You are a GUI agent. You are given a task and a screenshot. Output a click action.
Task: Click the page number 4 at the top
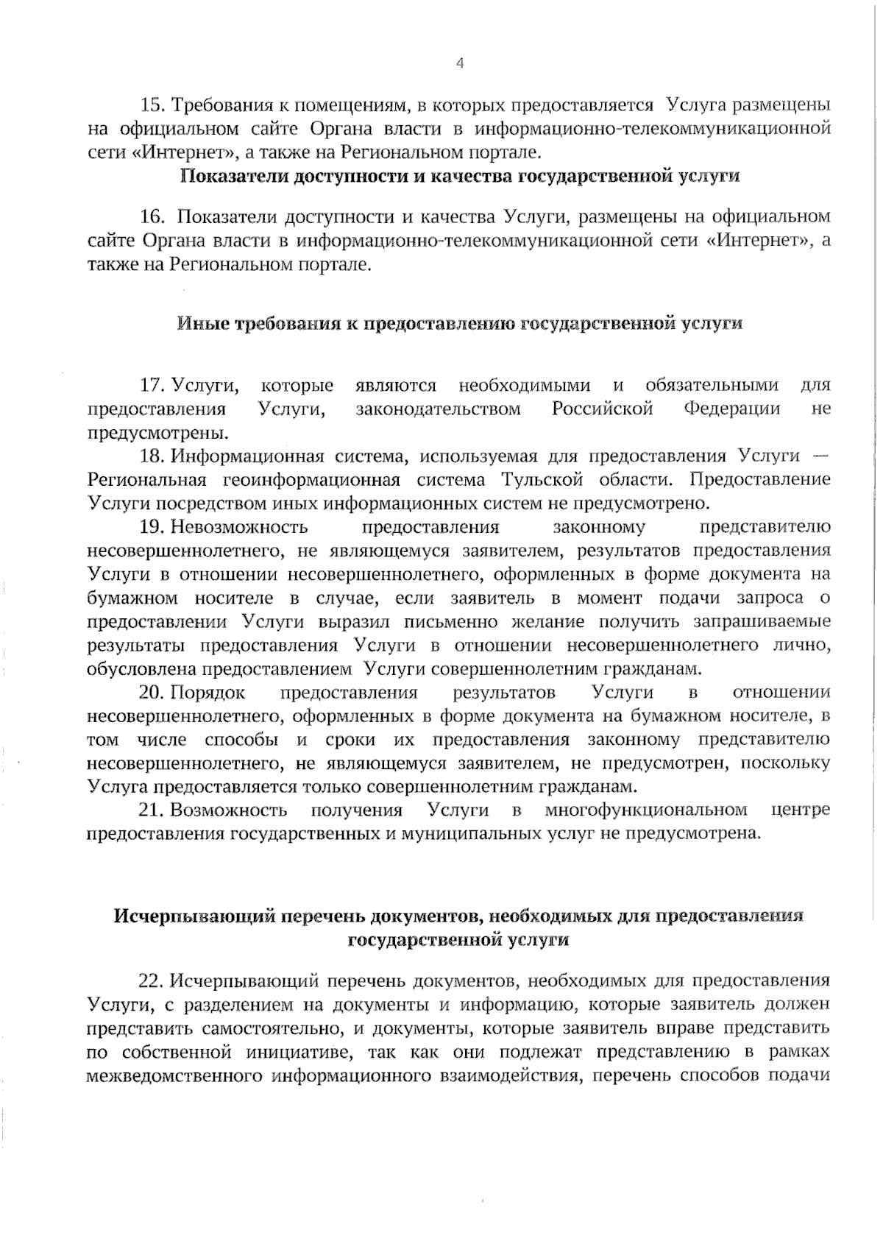[461, 63]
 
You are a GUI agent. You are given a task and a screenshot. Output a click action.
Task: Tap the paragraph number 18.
[153, 456]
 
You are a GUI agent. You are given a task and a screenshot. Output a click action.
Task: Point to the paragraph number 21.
[153, 810]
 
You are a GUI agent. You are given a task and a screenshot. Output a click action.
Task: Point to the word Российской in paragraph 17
[603, 409]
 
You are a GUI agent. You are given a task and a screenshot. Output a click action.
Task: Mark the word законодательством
[439, 409]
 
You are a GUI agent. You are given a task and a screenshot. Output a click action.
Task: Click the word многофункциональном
[646, 810]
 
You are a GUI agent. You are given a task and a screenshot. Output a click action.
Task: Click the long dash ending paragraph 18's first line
[822, 456]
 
